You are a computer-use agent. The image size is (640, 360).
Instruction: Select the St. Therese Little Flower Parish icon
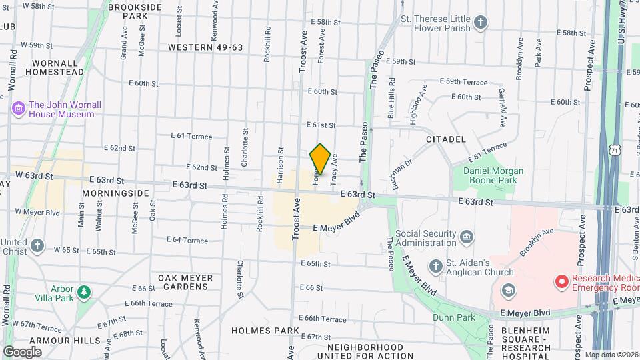(481, 24)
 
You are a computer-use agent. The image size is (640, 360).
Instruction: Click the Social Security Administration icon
(467, 237)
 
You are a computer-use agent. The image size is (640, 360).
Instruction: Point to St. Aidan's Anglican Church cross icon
(435, 267)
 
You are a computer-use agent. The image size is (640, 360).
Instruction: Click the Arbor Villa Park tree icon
(84, 292)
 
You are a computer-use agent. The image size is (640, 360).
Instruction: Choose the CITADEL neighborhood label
(445, 139)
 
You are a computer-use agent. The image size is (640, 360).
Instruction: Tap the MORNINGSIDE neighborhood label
(115, 193)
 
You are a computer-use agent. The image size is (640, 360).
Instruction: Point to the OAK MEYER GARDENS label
(185, 282)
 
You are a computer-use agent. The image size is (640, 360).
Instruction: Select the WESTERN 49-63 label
(205, 47)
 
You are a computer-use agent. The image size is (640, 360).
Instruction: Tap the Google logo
(22, 351)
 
